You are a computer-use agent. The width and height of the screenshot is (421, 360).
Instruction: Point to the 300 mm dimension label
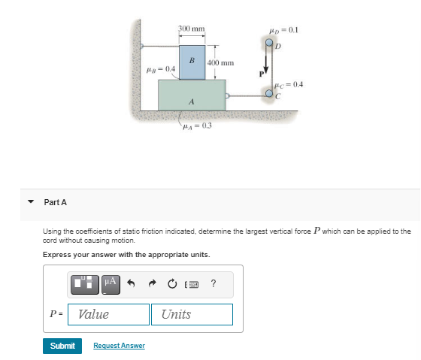tap(192, 29)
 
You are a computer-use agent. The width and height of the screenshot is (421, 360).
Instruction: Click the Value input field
tap(108, 314)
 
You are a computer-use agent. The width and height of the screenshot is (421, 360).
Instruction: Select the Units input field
tap(192, 314)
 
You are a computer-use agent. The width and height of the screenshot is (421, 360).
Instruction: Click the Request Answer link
tap(119, 346)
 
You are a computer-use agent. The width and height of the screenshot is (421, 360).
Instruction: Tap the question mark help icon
tap(214, 283)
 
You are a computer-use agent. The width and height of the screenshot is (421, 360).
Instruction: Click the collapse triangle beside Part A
tap(31, 202)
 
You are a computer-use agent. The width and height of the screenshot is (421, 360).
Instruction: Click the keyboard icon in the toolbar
tap(194, 283)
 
